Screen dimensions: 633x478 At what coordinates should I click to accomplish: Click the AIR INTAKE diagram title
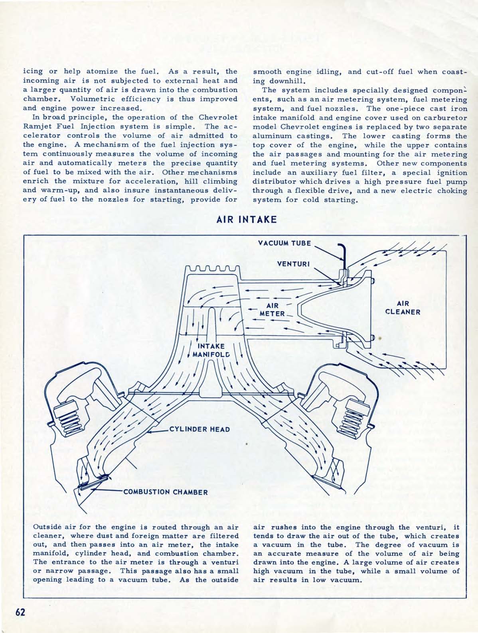tap(246, 220)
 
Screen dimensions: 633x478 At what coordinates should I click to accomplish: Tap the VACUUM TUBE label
tap(284, 243)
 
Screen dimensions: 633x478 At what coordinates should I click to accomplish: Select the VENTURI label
tap(294, 264)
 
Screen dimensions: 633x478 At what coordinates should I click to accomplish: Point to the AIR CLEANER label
tap(403, 307)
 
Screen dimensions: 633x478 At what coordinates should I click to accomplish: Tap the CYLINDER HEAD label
tap(199, 429)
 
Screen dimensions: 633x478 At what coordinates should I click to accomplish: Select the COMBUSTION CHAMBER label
tap(166, 491)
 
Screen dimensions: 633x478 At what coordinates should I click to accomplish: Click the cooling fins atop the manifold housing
tap(213, 269)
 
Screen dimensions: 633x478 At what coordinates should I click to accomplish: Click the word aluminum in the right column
tap(271, 136)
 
